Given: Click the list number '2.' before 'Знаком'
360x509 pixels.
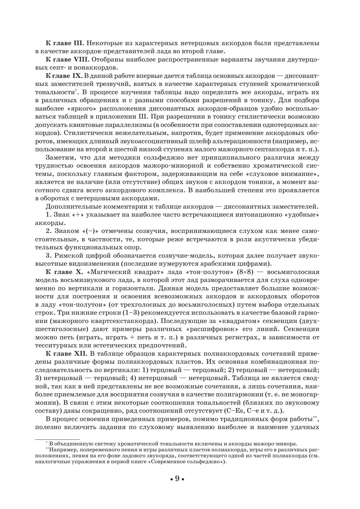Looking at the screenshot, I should [48, 231].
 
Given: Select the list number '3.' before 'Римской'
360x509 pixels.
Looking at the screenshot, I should [48, 256].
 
